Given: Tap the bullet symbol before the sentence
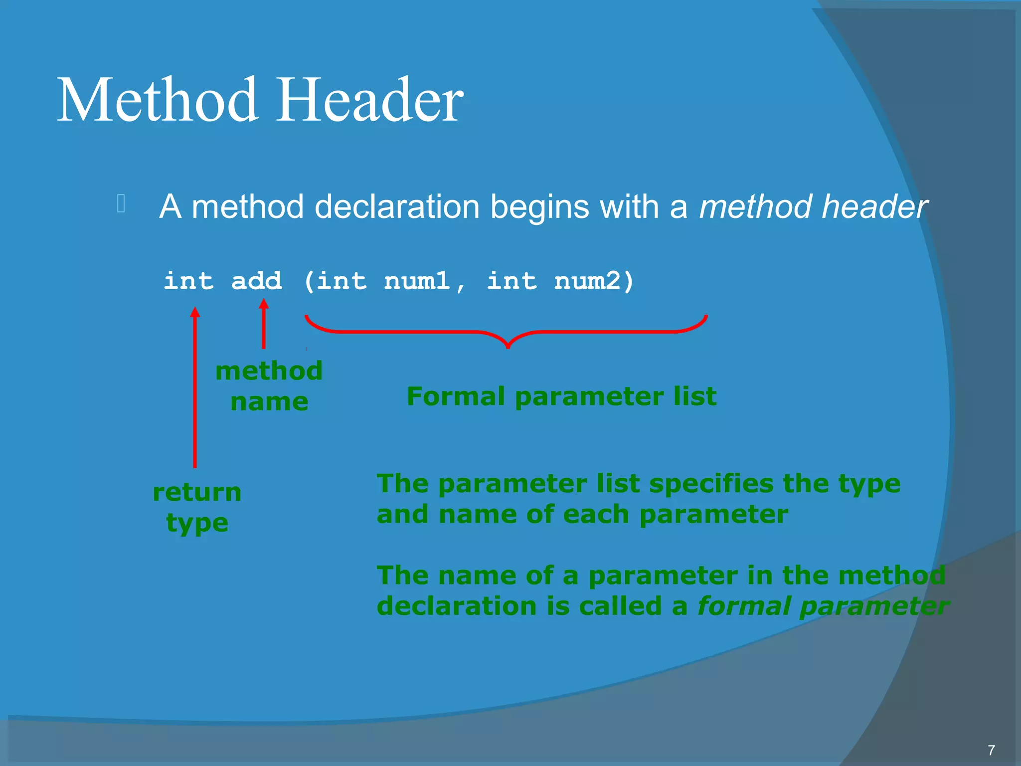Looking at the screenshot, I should pos(121,203).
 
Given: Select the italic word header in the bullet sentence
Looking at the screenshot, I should pos(874,206).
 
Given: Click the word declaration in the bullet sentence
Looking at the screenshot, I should pos(397,206).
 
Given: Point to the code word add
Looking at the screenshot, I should pos(256,281).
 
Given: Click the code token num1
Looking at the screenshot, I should pos(417,281).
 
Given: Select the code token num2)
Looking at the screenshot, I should pos(593,281).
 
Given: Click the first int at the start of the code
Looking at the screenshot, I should pos(188,281).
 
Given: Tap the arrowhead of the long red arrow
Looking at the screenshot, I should pos(195,312).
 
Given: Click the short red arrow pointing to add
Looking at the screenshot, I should pos(264,324).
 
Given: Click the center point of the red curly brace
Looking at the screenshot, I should pos(508,344).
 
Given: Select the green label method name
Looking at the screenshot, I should pos(269,386).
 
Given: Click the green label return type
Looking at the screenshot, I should pos(197,507).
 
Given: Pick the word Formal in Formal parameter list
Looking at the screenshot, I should pos(456,396).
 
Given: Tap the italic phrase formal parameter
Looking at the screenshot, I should pos(823,606).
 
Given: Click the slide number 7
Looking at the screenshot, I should pos(991,750).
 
